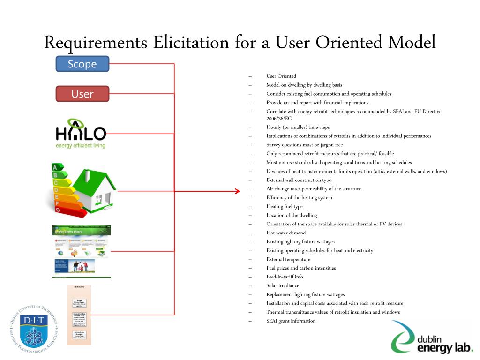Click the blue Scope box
pyautogui.click(x=82, y=64)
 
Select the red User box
pyautogui.click(x=82, y=94)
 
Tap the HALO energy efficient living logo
pyautogui.click(x=81, y=134)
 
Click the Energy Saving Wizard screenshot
pyautogui.click(x=82, y=251)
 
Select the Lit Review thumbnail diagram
pyautogui.click(x=79, y=315)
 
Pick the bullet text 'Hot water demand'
pyautogui.click(x=286, y=233)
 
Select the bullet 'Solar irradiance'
pyautogui.click(x=283, y=285)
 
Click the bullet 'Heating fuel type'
pyautogui.click(x=285, y=206)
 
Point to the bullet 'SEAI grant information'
pyautogui.click(x=291, y=321)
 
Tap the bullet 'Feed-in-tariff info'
pyautogui.click(x=285, y=277)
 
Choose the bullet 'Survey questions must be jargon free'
pyautogui.click(x=305, y=145)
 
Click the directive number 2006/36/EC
pyautogui.click(x=279, y=119)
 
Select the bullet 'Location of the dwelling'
pyautogui.click(x=292, y=215)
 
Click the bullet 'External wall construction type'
pyautogui.click(x=299, y=180)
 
